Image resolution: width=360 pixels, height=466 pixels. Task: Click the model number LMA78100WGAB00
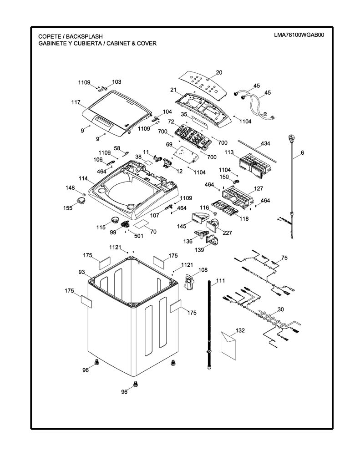pyautogui.click(x=299, y=35)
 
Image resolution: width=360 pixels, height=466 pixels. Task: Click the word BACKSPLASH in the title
pyautogui.click(x=84, y=36)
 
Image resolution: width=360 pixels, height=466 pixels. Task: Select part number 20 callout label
pyautogui.click(x=219, y=72)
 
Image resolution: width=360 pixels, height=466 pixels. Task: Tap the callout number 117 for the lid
pyautogui.click(x=76, y=102)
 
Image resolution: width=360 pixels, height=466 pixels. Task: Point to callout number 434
pyautogui.click(x=265, y=143)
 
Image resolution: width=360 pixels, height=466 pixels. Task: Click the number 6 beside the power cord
pyautogui.click(x=302, y=153)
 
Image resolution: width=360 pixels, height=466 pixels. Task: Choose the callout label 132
pyautogui.click(x=240, y=330)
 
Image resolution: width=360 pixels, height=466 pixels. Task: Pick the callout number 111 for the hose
pyautogui.click(x=221, y=280)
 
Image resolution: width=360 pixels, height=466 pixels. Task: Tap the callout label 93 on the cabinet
pyautogui.click(x=81, y=272)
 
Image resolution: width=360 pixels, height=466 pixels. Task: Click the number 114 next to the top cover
pyautogui.click(x=83, y=178)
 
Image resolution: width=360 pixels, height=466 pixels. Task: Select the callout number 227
pyautogui.click(x=228, y=233)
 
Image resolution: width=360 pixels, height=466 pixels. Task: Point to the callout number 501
pyautogui.click(x=138, y=236)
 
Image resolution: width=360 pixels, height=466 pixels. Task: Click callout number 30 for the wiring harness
pyautogui.click(x=281, y=309)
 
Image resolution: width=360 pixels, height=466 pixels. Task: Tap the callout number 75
pyautogui.click(x=284, y=258)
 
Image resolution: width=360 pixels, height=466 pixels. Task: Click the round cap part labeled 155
pyautogui.click(x=80, y=201)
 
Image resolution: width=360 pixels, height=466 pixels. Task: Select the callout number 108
pyautogui.click(x=203, y=270)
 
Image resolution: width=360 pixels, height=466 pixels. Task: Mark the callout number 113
pyautogui.click(x=229, y=152)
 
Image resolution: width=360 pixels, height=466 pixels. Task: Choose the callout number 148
pyautogui.click(x=70, y=188)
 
